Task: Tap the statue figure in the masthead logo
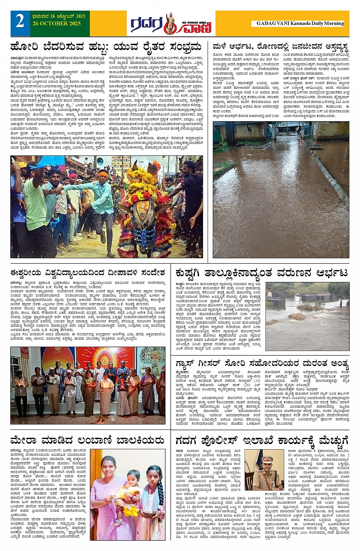[170, 23]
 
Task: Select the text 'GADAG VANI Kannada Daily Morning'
[300, 23]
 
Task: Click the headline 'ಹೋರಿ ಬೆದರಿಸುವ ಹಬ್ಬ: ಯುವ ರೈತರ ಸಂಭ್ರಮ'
[106, 47]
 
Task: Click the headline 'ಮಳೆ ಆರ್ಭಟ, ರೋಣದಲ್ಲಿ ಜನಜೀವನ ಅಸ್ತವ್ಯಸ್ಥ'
[280, 47]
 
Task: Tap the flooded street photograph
[281, 189]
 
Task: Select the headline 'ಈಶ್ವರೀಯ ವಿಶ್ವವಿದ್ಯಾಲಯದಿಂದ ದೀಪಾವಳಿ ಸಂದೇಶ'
[88, 273]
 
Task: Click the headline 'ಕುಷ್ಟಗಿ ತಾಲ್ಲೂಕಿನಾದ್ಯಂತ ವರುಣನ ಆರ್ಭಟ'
[261, 273]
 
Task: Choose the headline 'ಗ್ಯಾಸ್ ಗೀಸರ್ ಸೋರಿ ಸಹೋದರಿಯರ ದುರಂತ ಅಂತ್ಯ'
[262, 363]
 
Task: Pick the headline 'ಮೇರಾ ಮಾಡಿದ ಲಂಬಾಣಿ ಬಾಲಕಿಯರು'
[88, 441]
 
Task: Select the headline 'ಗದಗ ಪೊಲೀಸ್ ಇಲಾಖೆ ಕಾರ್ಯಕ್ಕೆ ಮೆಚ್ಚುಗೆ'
[262, 441]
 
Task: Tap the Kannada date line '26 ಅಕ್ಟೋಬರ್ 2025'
[59, 16]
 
